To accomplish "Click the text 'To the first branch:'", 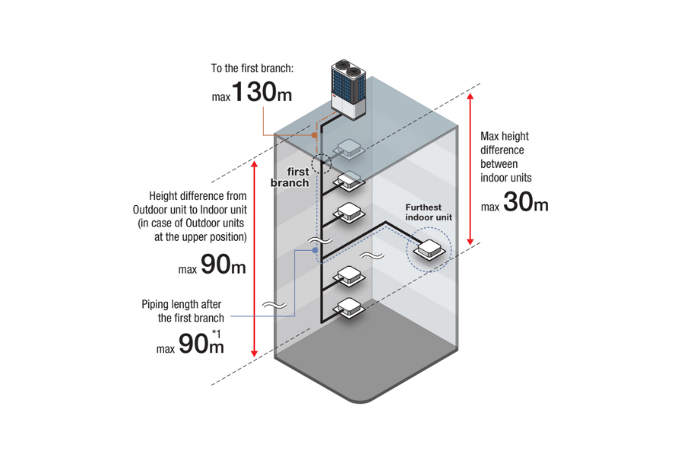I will click(252, 68).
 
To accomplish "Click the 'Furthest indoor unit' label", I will click(428, 211).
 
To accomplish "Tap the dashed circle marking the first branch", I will click(321, 162).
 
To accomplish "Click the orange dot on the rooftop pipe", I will click(314, 135).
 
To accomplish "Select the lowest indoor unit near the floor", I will click(349, 307).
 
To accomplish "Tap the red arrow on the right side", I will click(472, 166).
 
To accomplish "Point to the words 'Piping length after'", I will click(182, 304).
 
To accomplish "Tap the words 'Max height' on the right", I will click(505, 136).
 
